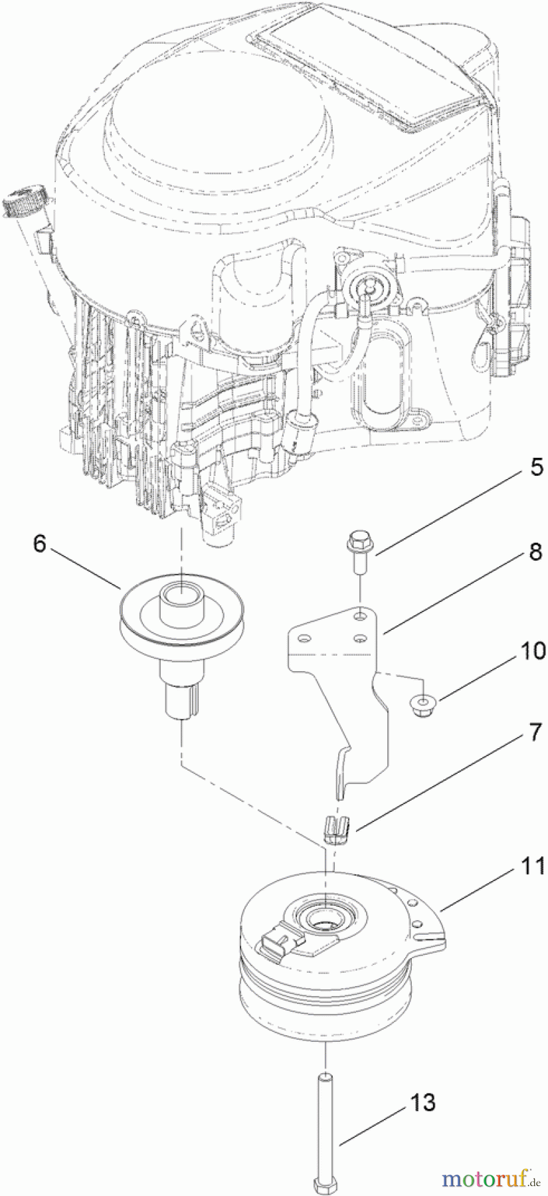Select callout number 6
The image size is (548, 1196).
pyautogui.click(x=39, y=545)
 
